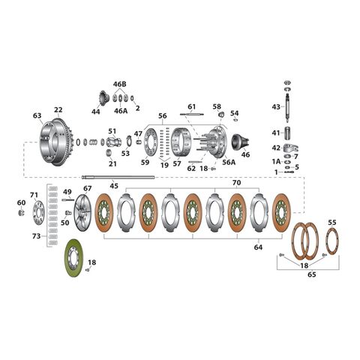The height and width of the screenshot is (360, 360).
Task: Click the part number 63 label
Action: tap(37, 115)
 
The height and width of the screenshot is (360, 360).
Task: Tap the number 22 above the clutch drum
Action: tap(58, 110)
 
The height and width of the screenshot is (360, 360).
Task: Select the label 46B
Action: tap(120, 85)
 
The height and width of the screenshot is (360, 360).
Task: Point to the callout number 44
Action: tap(95, 111)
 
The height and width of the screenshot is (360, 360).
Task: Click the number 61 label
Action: tap(191, 106)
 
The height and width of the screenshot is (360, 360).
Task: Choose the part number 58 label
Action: tap(217, 106)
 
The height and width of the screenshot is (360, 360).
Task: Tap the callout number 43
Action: tap(276, 107)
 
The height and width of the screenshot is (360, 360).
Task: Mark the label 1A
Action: tap(276, 160)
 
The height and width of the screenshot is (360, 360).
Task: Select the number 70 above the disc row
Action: tap(235, 182)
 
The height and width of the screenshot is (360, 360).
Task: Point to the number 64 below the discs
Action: tap(259, 247)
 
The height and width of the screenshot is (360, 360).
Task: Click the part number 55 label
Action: tap(332, 223)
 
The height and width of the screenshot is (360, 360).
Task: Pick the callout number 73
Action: tap(35, 235)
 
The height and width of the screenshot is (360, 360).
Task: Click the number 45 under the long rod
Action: tap(114, 186)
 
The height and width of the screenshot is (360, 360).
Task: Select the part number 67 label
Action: tap(88, 188)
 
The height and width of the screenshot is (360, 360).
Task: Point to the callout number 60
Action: tap(20, 202)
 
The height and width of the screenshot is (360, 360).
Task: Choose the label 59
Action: tap(145, 163)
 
